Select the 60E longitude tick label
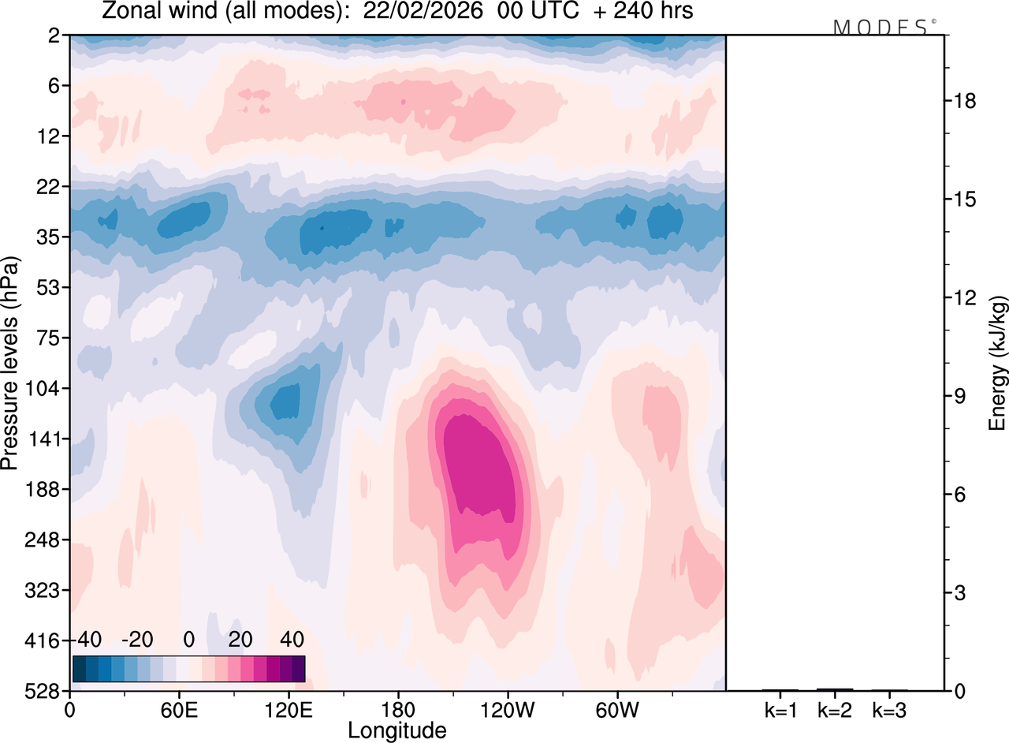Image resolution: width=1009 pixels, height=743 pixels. [x=178, y=709]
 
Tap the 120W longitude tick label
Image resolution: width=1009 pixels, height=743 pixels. [x=507, y=709]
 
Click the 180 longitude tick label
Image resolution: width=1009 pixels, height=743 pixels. [x=397, y=709]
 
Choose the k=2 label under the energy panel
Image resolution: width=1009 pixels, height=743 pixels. [x=835, y=710]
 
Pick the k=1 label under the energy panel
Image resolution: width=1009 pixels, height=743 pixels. [x=780, y=710]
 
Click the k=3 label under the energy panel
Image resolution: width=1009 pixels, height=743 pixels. [x=889, y=710]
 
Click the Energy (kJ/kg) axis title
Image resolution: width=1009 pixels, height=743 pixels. [x=998, y=363]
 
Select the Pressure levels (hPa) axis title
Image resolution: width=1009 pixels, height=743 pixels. [x=10, y=363]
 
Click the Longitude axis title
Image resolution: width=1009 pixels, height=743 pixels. [x=397, y=730]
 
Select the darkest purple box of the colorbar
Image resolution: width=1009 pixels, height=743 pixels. [x=299, y=669]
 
